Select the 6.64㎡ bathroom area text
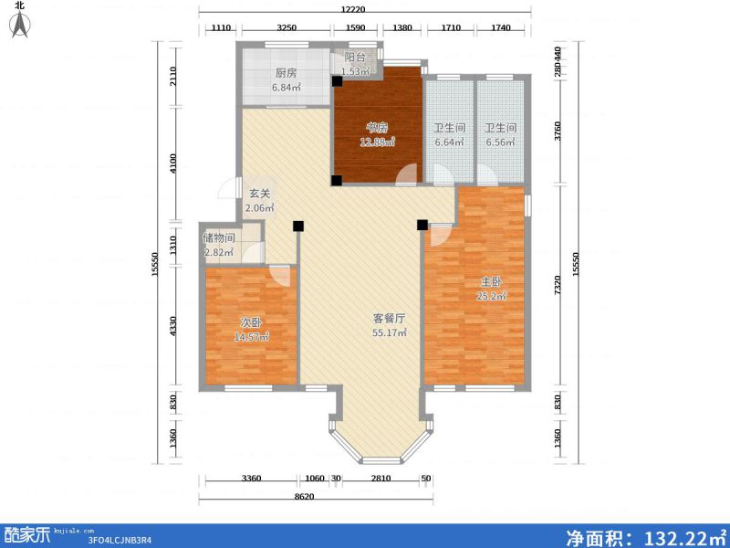(449, 142)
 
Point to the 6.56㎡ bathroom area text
(499, 142)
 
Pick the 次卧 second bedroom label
(251, 322)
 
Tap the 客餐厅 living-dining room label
(388, 319)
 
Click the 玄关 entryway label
(260, 194)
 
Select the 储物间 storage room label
(219, 238)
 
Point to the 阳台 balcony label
(354, 57)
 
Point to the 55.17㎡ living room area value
(388, 333)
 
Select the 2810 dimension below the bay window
(381, 479)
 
